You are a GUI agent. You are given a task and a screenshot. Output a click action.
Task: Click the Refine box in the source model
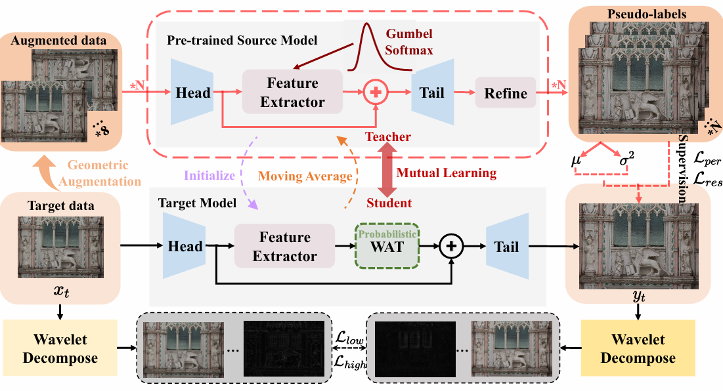[x=506, y=93]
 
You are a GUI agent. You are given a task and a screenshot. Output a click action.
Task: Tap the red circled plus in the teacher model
[x=376, y=93]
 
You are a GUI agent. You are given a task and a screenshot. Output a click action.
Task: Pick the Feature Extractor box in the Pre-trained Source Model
[x=292, y=93]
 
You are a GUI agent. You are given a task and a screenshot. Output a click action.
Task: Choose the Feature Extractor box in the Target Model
[x=284, y=247]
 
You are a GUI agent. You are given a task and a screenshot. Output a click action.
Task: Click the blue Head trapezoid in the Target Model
[x=185, y=246]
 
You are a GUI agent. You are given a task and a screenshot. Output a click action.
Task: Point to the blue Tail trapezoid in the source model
[x=433, y=93]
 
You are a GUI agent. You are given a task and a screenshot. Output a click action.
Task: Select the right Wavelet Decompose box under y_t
[x=638, y=349]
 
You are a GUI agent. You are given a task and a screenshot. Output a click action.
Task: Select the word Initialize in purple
[x=209, y=176]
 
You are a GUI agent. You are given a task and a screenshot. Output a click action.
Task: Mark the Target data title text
[x=61, y=205]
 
